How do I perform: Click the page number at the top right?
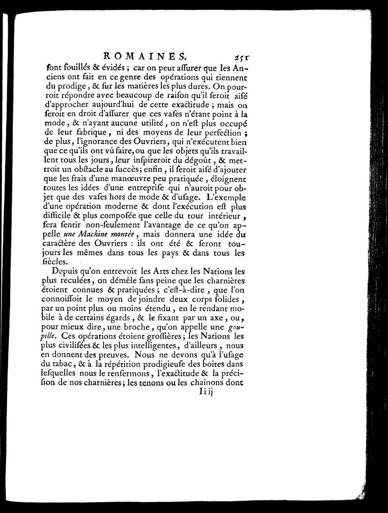tap(242, 58)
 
